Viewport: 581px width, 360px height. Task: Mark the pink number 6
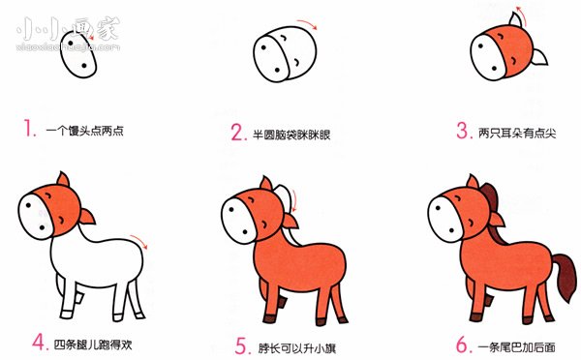461,342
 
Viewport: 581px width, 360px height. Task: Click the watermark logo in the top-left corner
58,26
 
